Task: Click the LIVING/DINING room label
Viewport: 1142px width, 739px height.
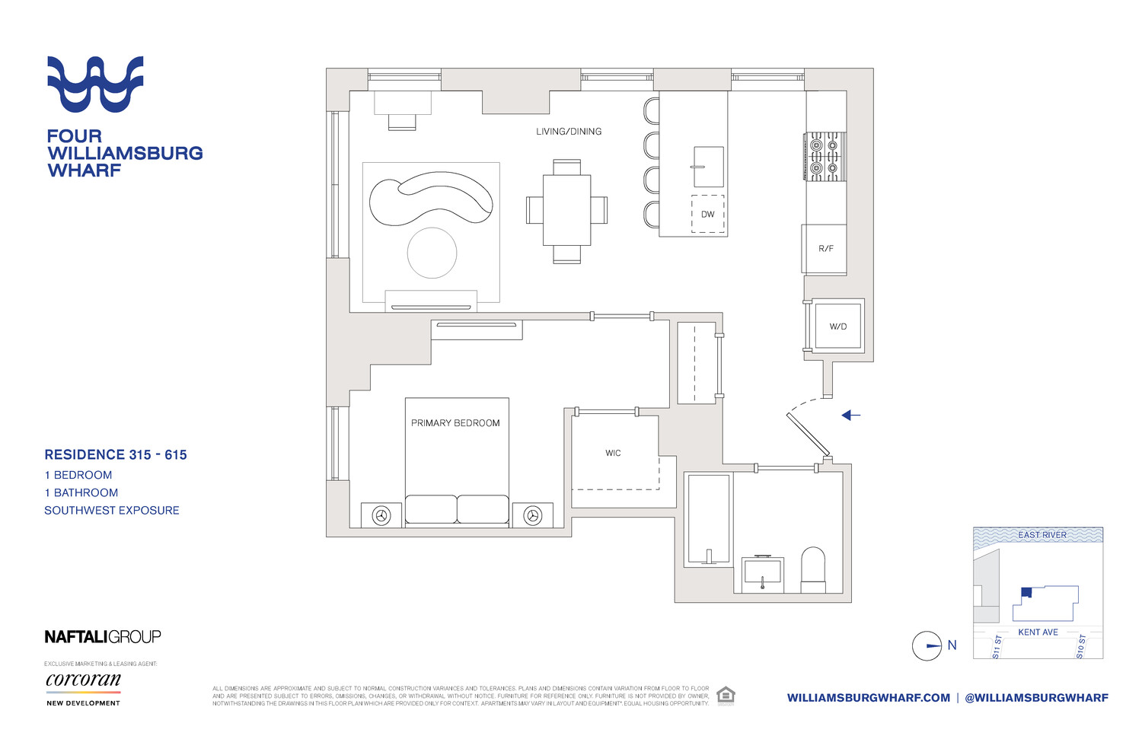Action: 569,132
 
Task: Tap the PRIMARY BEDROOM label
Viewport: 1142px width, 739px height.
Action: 455,423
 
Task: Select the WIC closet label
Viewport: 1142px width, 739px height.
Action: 613,453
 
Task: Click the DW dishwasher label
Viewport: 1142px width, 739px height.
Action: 708,215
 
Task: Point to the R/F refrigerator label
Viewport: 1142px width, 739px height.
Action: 826,249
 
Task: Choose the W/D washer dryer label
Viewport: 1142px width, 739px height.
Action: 837,326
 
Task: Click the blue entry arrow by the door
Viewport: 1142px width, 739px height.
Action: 850,416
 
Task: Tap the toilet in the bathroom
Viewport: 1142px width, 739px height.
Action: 813,569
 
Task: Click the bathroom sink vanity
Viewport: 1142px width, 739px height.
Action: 762,572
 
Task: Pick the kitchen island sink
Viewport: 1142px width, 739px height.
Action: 708,167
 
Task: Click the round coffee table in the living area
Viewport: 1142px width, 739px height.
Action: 432,253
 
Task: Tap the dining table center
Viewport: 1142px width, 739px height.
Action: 566,210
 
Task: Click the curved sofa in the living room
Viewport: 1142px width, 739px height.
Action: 430,199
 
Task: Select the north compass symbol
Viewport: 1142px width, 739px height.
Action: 927,646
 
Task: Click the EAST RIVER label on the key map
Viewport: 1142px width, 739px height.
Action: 1042,535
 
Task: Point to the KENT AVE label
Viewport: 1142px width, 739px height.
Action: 1038,632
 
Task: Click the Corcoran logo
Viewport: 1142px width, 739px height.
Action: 83,680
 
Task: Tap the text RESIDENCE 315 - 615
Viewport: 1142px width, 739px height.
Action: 116,455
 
